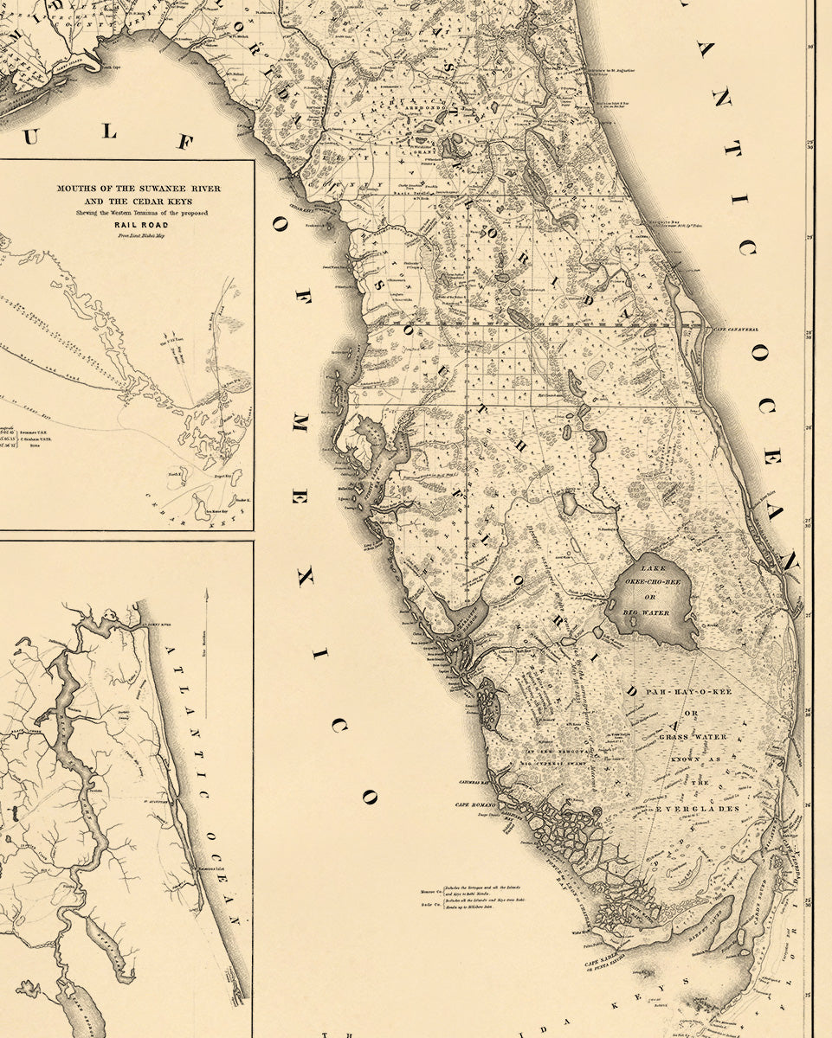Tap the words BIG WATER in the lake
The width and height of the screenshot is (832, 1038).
[x=647, y=612]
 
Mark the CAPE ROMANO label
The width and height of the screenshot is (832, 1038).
[x=474, y=805]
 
